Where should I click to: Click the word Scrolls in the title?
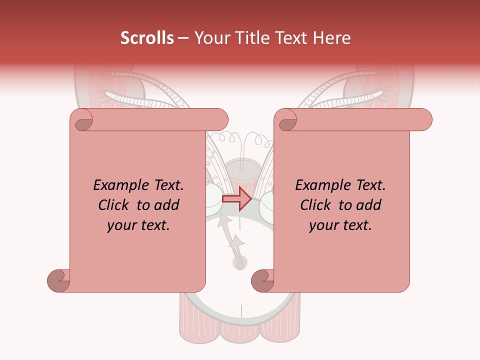coord(147,38)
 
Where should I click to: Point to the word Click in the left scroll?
coord(114,205)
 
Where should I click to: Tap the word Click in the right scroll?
coord(316,205)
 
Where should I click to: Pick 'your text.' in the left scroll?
coord(138,225)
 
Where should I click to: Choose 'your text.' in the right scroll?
coord(340,225)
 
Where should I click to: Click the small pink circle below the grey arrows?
coord(240,264)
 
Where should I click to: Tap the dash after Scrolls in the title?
coord(183,38)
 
